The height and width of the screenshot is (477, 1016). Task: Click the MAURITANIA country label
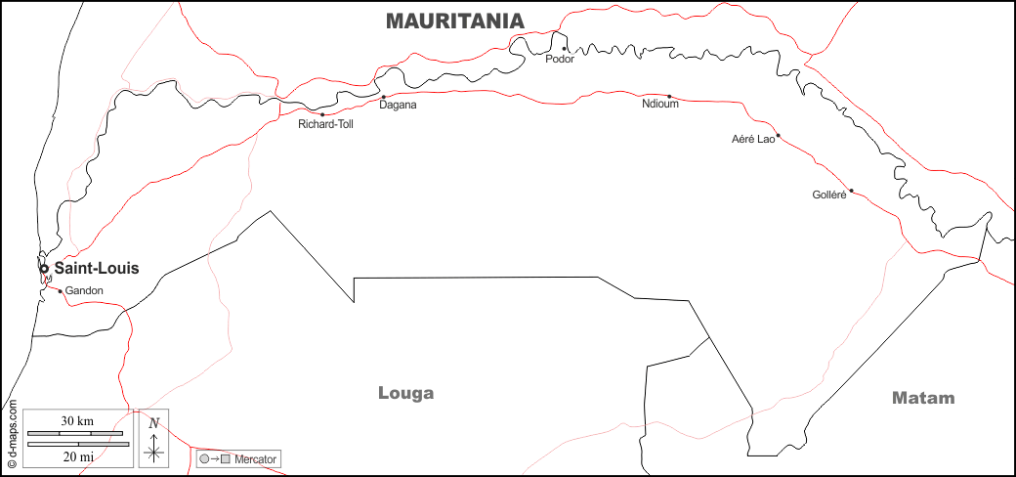(x=455, y=21)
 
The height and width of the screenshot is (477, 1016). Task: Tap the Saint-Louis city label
(x=96, y=268)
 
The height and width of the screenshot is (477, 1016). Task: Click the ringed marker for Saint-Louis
(x=44, y=269)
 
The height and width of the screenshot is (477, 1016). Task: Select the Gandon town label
(x=84, y=291)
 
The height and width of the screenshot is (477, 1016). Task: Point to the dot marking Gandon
(x=61, y=291)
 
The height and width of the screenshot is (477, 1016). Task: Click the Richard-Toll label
(x=325, y=124)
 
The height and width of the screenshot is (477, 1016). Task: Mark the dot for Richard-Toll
(x=322, y=114)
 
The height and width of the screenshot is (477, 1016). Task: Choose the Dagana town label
(x=398, y=105)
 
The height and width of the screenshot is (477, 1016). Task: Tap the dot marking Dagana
(x=383, y=97)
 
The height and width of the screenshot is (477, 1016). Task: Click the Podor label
(x=560, y=59)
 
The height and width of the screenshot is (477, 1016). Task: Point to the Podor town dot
(x=564, y=49)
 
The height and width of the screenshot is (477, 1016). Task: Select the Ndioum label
(x=660, y=104)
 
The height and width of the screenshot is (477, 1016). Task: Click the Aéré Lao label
(x=753, y=139)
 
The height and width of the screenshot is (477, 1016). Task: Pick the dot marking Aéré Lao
(x=778, y=135)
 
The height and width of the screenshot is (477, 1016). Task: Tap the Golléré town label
(x=829, y=195)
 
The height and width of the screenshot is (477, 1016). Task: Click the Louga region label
(x=405, y=393)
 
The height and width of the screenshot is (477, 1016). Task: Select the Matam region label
(x=923, y=398)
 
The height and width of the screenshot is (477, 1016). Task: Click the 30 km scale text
(x=76, y=421)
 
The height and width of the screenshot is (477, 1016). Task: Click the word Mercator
(x=256, y=458)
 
